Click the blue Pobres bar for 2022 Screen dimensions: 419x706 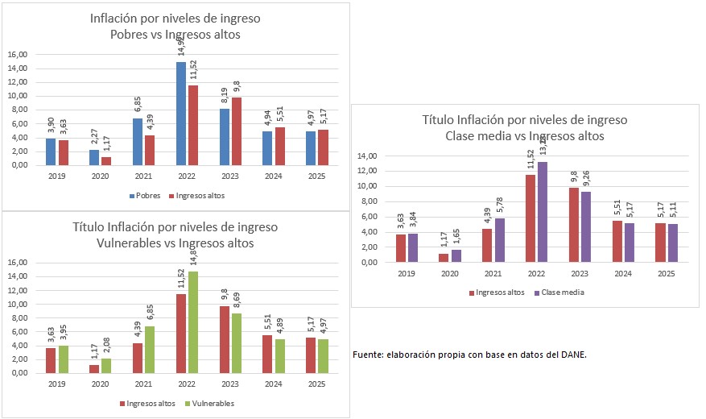pyautogui.click(x=181, y=114)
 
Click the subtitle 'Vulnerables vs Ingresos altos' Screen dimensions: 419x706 pyautogui.click(x=176, y=243)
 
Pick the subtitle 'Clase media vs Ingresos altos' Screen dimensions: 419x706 pyautogui.click(x=525, y=136)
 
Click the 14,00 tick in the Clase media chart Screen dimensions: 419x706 pyautogui.click(x=367, y=156)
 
